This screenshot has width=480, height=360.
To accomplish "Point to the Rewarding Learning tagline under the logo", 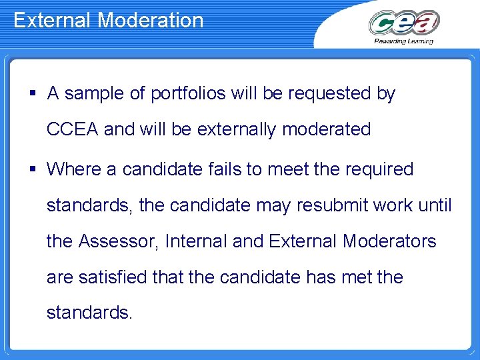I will pos(403,41).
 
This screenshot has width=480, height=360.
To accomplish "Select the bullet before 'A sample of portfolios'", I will pos(32,94).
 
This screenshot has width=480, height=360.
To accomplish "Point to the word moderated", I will pos(327,129).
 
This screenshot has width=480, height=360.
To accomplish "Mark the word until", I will pos(437,205).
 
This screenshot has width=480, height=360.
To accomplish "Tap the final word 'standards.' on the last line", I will pos(89,312).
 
